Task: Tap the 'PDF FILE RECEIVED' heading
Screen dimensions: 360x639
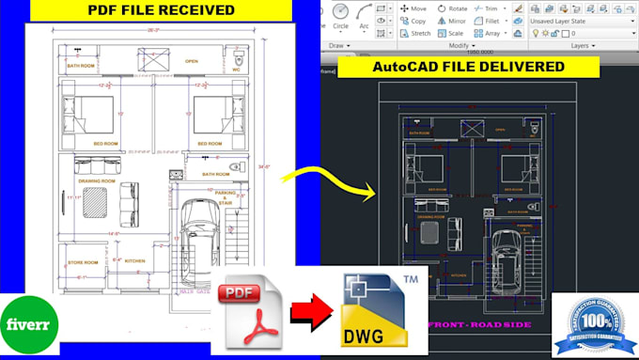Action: point(161,10)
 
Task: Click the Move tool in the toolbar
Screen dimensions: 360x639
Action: point(413,8)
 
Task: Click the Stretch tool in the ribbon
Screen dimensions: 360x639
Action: point(415,33)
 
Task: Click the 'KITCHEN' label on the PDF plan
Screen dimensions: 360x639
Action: point(134,260)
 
